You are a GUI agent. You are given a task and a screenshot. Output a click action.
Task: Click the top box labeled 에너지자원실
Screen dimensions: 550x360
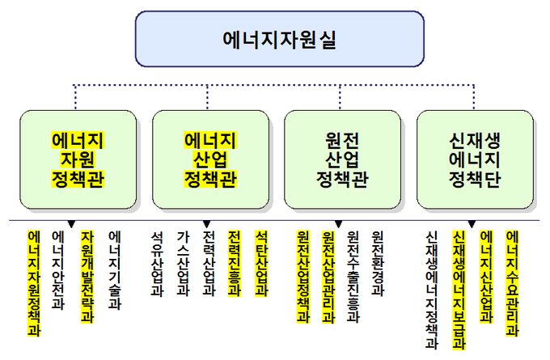pos(280,39)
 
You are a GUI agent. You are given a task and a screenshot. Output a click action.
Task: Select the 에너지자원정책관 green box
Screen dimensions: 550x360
pos(78,159)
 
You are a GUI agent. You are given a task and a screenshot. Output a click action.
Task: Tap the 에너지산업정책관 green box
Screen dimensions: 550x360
pos(210,159)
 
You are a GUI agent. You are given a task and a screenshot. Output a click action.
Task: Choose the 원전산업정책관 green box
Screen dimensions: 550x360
pos(342,159)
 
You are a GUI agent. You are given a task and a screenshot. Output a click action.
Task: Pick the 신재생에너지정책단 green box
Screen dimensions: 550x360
pos(475,159)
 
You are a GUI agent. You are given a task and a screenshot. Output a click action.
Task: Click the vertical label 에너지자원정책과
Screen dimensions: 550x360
pos(34,283)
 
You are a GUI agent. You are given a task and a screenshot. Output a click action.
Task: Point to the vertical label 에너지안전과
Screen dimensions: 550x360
pos(58,270)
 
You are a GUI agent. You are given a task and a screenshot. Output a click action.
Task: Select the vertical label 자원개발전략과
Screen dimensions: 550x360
pos(87,277)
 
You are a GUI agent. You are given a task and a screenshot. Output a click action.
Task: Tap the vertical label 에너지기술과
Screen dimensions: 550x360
pos(115,270)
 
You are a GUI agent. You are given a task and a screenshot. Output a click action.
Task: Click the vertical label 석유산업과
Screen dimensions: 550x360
pos(157,264)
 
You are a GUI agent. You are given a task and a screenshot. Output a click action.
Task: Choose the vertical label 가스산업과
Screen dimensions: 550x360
pos(183,264)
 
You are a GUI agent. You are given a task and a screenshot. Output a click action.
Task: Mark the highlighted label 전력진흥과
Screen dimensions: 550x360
pos(235,264)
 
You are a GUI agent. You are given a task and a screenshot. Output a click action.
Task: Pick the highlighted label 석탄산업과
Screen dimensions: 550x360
pos(261,264)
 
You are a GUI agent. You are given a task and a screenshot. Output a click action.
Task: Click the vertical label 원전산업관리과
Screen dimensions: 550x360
pos(328,277)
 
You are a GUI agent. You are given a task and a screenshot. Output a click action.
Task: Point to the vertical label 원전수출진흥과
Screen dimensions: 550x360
pos(353,277)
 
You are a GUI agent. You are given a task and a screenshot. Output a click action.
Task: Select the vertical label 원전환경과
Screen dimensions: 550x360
pos(378,264)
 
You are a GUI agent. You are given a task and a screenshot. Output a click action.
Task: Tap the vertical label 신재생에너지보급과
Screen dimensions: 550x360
pos(459,290)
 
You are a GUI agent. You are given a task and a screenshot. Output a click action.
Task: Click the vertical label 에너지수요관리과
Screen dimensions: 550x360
pos(513,283)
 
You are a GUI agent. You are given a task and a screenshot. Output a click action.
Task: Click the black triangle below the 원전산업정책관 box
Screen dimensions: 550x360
pos(338,224)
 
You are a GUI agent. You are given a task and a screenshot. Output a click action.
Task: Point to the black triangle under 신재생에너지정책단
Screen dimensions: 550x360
pos(472,224)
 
